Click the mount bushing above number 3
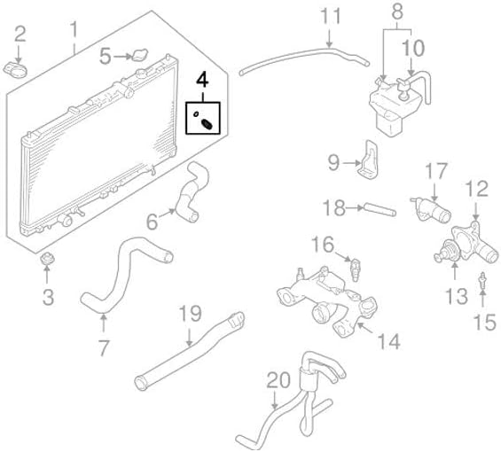[48, 260]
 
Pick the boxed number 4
[202, 80]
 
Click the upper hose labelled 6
[189, 197]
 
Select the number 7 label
[104, 348]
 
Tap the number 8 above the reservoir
[396, 12]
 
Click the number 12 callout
[476, 188]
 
